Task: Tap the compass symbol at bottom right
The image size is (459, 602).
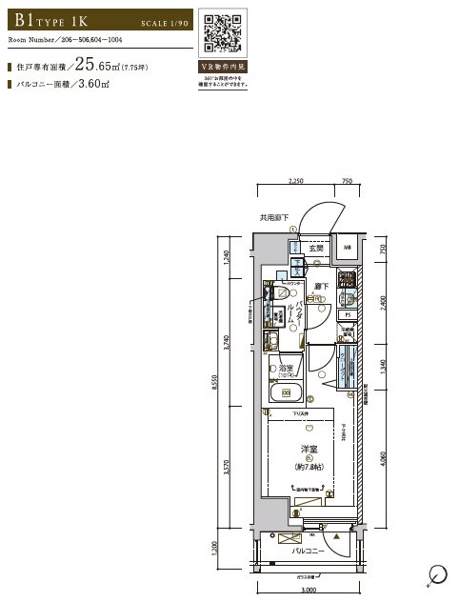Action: click(438, 574)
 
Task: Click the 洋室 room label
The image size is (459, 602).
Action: click(309, 451)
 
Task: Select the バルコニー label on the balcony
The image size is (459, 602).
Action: click(309, 552)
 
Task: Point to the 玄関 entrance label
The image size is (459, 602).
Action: click(315, 249)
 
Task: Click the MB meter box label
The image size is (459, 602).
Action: click(348, 249)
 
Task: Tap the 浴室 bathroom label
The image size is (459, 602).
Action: click(285, 368)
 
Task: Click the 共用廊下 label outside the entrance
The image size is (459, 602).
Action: click(274, 218)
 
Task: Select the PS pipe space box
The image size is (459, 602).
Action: click(349, 313)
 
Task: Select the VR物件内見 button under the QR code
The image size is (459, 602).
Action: click(226, 70)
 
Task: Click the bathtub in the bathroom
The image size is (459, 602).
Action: click(286, 392)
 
